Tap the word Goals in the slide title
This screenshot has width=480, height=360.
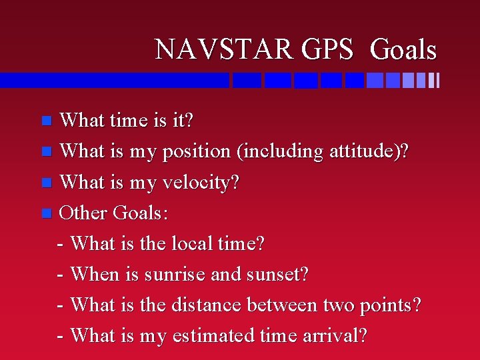[x=403, y=50]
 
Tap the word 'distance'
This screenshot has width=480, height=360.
[x=207, y=305]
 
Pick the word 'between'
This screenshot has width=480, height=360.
[x=282, y=305]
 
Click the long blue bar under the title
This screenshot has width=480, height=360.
[x=113, y=81]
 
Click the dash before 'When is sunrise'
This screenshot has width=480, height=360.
[x=61, y=275]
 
